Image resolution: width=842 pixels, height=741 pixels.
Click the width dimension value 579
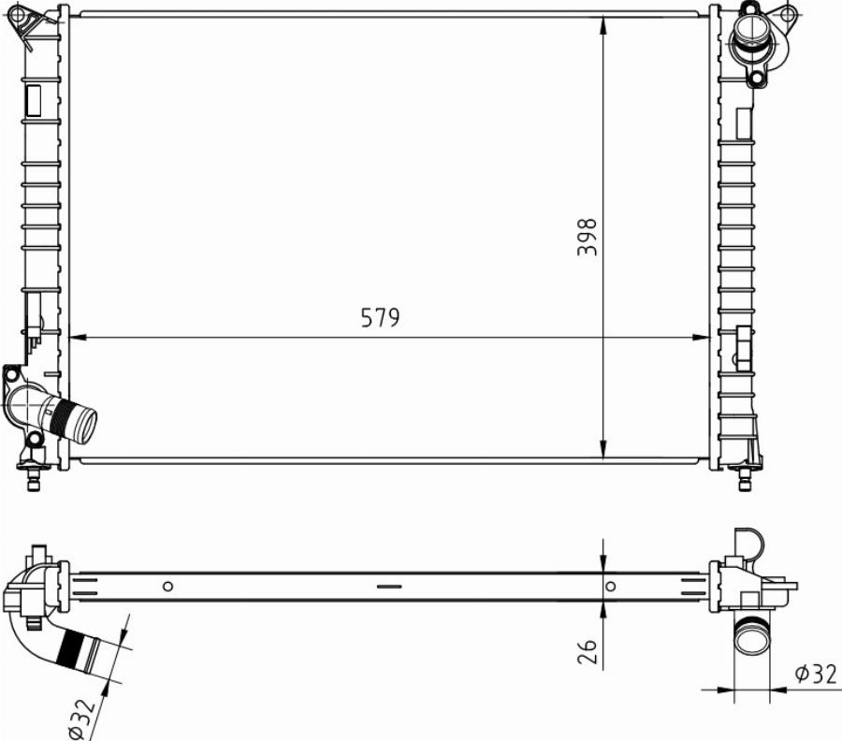(380, 317)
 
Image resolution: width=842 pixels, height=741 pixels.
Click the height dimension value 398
(587, 237)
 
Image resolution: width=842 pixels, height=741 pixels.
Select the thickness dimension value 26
(587, 651)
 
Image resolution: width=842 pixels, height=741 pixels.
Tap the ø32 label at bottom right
(816, 674)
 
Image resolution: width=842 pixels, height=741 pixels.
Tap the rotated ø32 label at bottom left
(82, 719)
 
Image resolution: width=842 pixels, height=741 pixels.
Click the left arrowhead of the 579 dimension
(79, 338)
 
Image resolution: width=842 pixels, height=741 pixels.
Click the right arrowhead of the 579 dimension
(700, 338)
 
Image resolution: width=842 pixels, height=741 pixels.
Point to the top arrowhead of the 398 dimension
(603, 25)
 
